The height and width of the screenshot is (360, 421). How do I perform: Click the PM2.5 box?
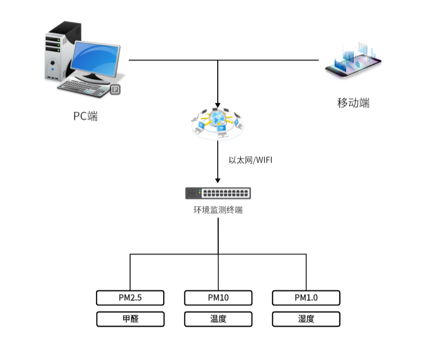coord(130,298)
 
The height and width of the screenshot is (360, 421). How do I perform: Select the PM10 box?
coord(218,298)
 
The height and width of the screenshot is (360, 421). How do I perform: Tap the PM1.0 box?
coord(306,298)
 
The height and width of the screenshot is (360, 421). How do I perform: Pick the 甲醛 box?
coord(130,319)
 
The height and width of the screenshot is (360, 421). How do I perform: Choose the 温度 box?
coord(218,319)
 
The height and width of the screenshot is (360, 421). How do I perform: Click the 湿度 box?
coord(306,319)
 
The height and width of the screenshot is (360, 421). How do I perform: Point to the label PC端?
coord(85,116)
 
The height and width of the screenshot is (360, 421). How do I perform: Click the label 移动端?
coord(353,102)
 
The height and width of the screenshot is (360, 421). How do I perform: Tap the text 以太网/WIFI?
coord(251,160)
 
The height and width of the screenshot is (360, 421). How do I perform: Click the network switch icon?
coord(218,193)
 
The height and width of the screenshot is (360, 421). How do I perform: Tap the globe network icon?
coord(218,123)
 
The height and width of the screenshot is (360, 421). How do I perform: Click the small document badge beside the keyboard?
coord(115,89)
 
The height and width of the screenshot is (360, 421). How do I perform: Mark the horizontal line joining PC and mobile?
coord(172,60)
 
